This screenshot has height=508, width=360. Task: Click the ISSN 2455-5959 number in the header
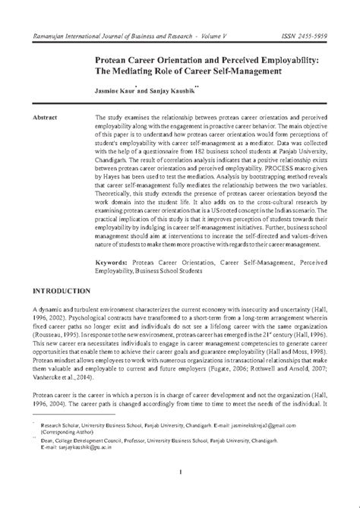[x=312, y=36]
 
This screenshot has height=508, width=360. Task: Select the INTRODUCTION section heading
[x=63, y=291]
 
